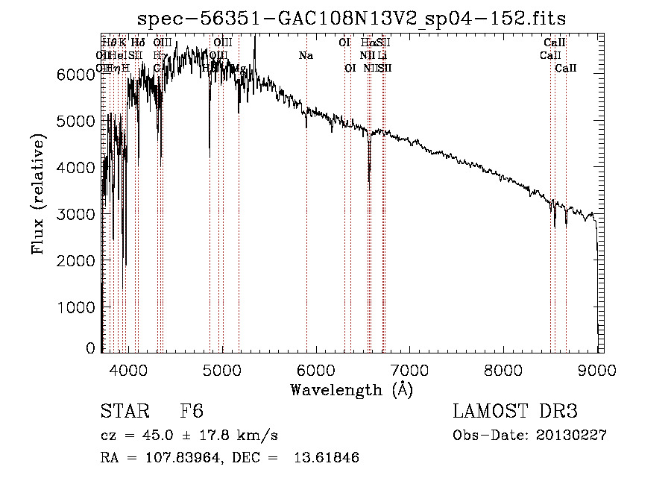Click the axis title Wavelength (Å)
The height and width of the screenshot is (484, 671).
(352, 389)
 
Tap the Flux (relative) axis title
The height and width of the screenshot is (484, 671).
(37, 194)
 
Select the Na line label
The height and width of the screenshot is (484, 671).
(306, 56)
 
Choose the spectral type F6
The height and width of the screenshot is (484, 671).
(191, 412)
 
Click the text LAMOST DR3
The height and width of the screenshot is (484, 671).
(515, 412)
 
